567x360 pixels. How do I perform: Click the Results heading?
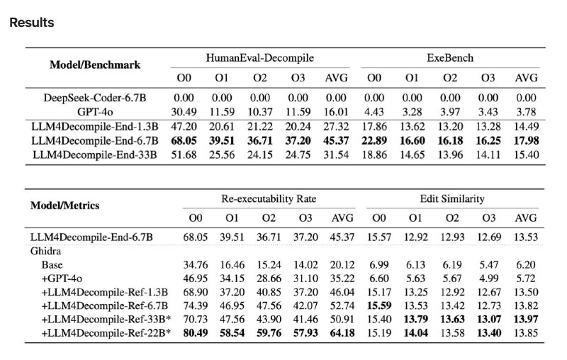pos(32,23)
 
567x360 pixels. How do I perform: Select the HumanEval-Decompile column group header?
pos(259,58)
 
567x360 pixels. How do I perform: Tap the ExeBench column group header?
pos(450,58)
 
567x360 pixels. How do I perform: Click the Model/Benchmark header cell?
pos(95,64)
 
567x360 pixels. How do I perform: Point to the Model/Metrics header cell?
pos(64,206)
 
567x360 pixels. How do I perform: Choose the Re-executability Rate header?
pos(269,199)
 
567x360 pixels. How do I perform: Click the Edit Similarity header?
pos(452,199)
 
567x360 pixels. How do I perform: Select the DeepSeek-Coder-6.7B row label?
pos(95,98)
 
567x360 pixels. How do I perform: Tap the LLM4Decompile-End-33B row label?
pos(95,154)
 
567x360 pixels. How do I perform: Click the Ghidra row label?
pos(45,251)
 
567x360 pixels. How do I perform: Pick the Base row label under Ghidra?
pos(52,264)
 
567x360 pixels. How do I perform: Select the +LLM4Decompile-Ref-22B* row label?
pos(106,332)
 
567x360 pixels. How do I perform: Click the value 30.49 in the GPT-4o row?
pos(184,112)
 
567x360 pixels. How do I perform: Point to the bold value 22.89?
pos(374,140)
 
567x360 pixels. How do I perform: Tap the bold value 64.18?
pos(342,332)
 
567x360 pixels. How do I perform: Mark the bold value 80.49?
pos(196,332)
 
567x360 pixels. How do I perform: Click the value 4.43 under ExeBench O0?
pos(374,112)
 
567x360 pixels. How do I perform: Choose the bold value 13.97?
pos(526,319)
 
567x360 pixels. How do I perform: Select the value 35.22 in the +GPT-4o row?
pos(342,279)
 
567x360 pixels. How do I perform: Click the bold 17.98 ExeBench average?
pos(526,140)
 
